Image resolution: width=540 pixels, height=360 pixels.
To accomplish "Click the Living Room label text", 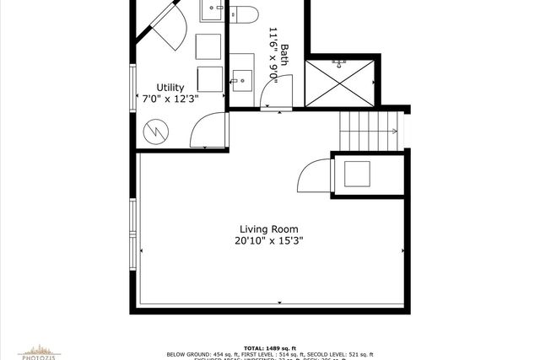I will click(x=268, y=229).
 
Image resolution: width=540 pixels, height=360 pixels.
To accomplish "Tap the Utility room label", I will click(x=173, y=87).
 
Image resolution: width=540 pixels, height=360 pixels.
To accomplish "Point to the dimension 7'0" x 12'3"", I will click(x=173, y=98).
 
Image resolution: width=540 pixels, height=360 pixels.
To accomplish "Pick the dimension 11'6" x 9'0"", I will click(x=273, y=52).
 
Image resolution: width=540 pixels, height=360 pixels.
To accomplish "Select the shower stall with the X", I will click(x=339, y=82).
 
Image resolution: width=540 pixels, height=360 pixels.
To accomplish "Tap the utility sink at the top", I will click(x=212, y=10).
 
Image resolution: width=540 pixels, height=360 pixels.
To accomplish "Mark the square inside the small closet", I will click(x=355, y=173).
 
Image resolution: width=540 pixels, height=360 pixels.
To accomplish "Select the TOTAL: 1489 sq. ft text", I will click(x=269, y=347).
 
